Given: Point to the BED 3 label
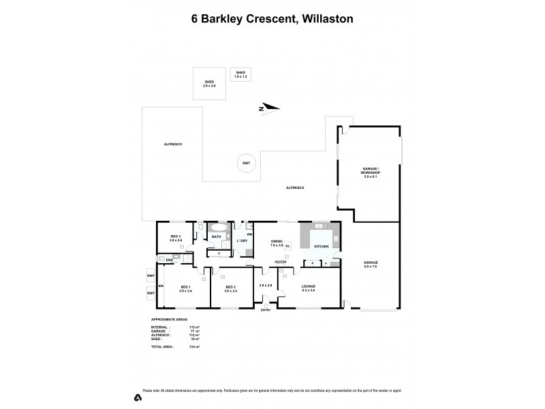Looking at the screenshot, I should [x=175, y=237].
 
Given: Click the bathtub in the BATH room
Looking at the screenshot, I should [x=219, y=229].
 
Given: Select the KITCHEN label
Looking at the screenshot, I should [x=321, y=246].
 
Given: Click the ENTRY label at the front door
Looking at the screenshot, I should [x=265, y=310].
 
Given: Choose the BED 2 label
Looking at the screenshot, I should [x=230, y=287].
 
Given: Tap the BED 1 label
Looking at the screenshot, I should [x=185, y=287].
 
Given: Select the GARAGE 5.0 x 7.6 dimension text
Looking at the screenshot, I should [x=371, y=267].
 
